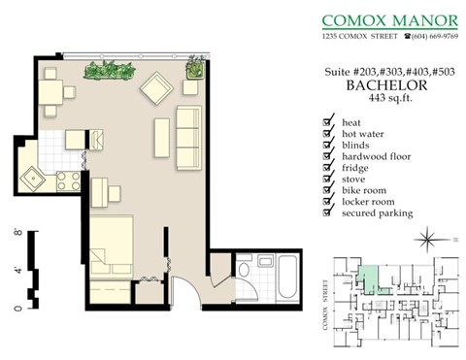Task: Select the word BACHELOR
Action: (379, 85)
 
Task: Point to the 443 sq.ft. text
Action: (379, 98)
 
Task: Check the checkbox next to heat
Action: (327, 122)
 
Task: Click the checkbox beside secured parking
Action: (327, 213)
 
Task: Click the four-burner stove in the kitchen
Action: (68, 180)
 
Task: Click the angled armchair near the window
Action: (156, 91)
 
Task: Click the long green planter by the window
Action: (109, 71)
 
